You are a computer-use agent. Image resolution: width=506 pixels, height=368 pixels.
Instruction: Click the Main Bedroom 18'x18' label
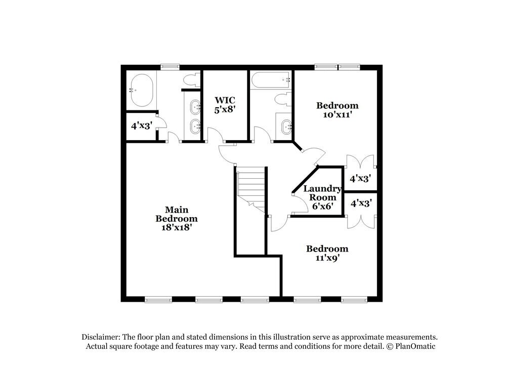coord(176,218)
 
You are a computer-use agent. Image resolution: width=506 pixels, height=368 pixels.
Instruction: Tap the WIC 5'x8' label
coord(224,104)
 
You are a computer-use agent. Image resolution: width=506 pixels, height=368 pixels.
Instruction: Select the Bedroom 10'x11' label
coord(337,110)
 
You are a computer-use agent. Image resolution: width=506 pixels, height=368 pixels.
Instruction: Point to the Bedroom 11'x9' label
coord(327,253)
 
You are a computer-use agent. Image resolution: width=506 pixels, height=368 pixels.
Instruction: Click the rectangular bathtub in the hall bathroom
coord(272,80)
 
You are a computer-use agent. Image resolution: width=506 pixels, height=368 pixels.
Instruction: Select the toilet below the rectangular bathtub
coord(284,99)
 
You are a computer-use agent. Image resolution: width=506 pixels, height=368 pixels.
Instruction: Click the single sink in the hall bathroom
coord(286,125)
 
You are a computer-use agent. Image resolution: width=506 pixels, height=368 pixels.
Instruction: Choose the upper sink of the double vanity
coord(195,107)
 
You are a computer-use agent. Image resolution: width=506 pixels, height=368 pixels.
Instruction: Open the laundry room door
coord(300,202)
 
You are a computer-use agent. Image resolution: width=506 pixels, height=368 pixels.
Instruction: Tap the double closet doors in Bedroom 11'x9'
coord(361,222)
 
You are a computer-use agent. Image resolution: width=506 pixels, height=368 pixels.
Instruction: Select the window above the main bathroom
coord(170,66)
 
